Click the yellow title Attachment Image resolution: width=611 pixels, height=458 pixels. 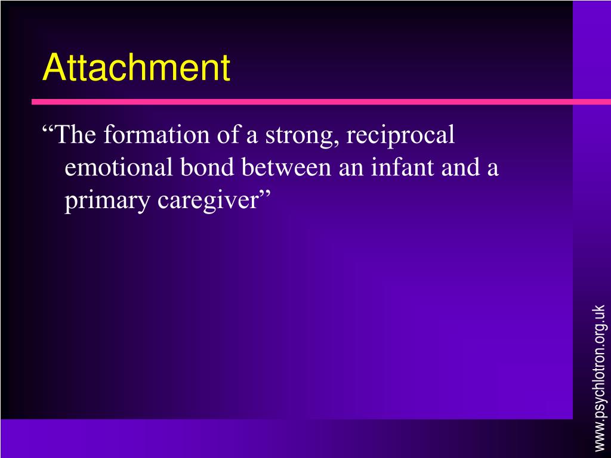click(x=136, y=68)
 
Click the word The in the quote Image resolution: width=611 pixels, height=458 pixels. click(x=77, y=135)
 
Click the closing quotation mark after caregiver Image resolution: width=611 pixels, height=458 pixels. click(x=265, y=197)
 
